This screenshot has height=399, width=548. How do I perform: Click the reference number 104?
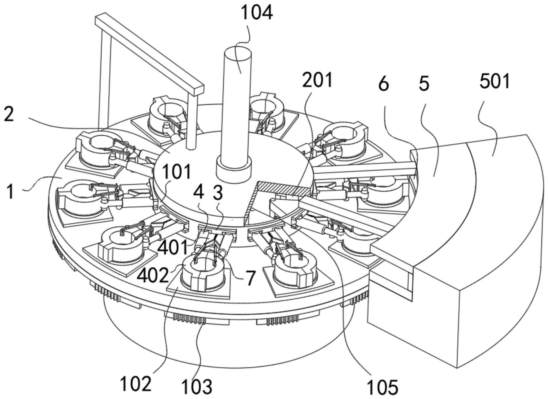(x=257, y=13)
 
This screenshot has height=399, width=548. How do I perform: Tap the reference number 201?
(x=317, y=81)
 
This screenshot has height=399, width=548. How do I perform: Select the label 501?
(x=495, y=82)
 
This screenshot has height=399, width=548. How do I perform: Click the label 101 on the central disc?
(x=177, y=172)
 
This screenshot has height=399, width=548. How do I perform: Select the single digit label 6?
(x=383, y=84)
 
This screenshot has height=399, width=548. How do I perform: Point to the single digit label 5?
(x=424, y=84)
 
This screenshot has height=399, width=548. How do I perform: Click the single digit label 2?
(x=9, y=115)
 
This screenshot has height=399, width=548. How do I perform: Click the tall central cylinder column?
(x=237, y=102)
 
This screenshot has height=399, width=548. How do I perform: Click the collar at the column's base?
(x=234, y=170)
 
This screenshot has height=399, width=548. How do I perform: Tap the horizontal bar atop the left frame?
(x=149, y=54)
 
